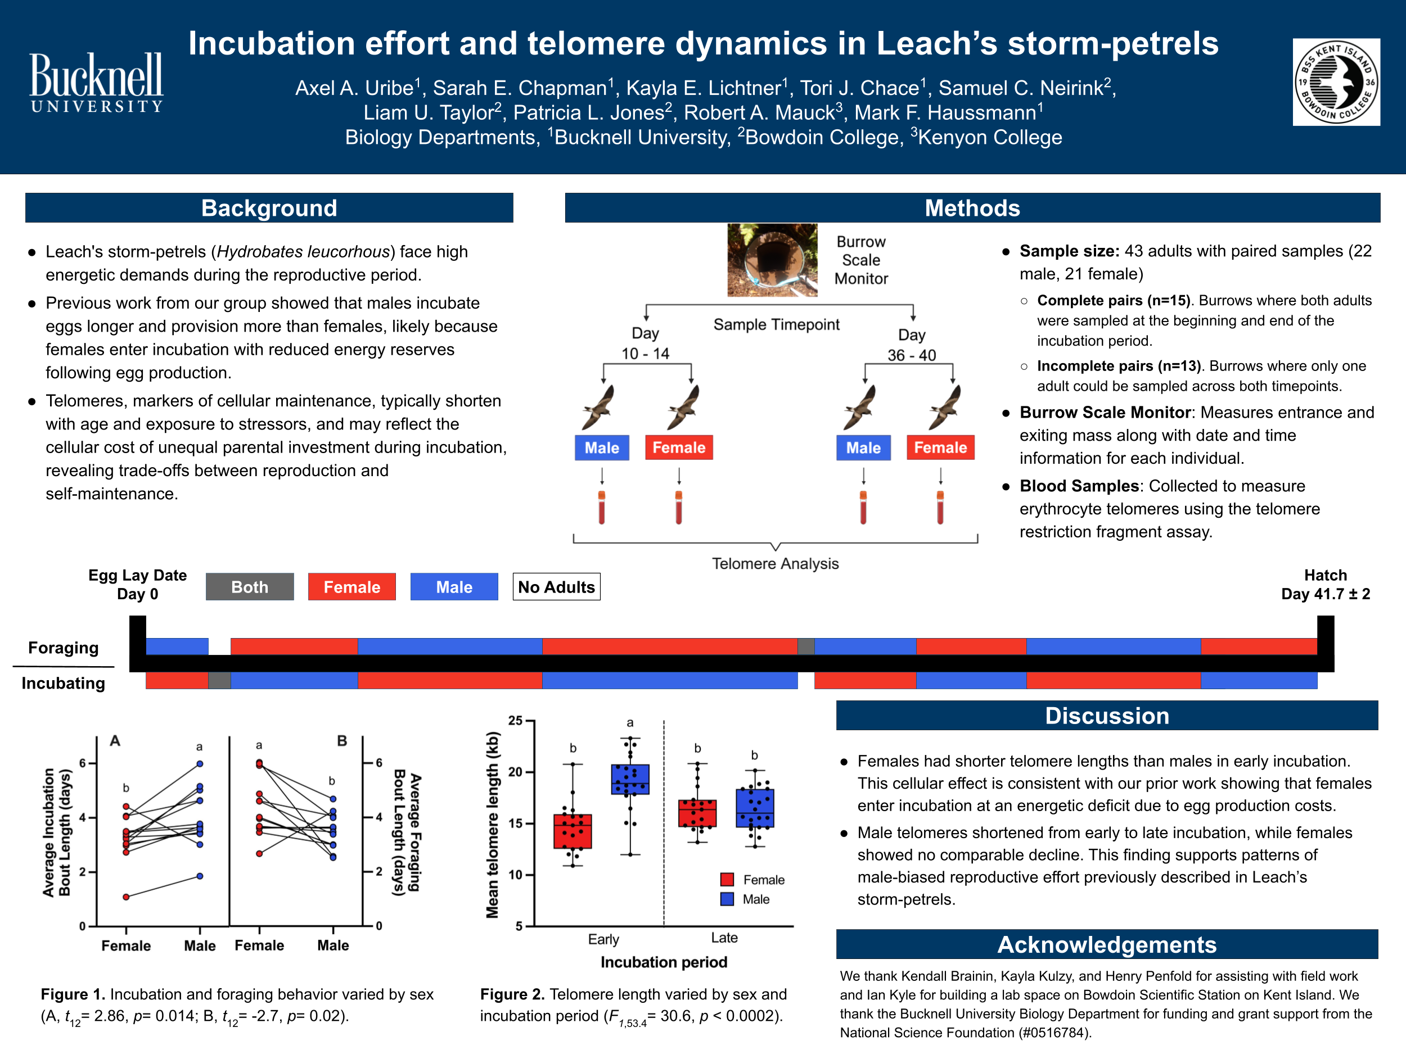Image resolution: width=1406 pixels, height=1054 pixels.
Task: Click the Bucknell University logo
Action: pos(97,83)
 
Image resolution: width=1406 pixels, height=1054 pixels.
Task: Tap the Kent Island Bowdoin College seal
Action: pos(1336,83)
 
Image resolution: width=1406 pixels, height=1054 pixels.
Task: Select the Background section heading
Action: pos(269,209)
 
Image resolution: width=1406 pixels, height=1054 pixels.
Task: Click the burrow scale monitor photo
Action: pos(772,260)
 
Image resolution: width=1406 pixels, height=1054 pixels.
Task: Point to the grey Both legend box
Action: pos(250,587)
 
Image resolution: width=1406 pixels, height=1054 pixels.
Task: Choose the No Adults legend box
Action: pos(556,587)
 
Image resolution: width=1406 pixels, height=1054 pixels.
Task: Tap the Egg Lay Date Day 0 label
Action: pos(137,585)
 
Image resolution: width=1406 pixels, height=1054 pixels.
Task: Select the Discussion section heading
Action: pos(1107,716)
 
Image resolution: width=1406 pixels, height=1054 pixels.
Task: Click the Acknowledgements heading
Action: pos(1107,945)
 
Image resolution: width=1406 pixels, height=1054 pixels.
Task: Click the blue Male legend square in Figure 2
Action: pos(727,899)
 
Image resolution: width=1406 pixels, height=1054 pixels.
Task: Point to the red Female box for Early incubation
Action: pos(573,831)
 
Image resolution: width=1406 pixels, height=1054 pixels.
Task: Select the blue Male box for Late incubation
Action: pos(755,808)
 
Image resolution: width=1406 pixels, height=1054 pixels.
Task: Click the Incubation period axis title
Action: pos(664,962)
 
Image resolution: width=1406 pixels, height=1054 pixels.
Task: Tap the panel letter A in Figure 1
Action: pos(115,741)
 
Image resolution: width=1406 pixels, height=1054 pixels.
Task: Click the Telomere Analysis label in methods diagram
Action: pos(775,563)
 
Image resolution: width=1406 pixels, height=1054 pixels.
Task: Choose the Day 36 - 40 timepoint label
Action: pos(912,345)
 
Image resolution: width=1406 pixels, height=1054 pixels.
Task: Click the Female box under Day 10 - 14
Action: pos(679,448)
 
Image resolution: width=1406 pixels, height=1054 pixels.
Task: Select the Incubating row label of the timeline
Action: pos(63,683)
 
